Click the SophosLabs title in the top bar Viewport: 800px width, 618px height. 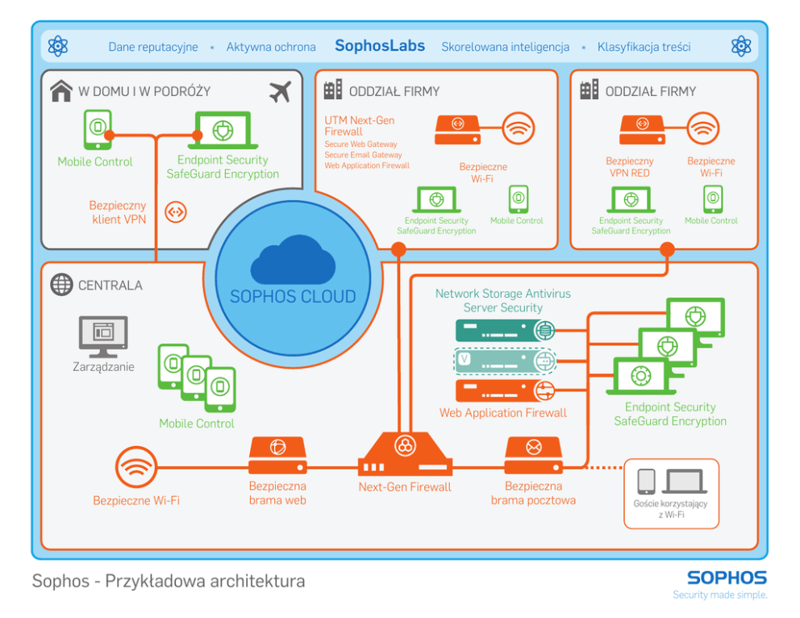click(x=379, y=46)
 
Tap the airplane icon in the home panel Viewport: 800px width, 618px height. click(x=279, y=91)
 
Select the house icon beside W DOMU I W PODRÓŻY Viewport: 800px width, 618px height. click(x=61, y=91)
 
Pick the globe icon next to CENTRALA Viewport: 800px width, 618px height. click(x=61, y=285)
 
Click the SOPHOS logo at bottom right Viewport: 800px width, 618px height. click(x=726, y=578)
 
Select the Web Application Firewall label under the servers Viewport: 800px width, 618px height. click(x=502, y=413)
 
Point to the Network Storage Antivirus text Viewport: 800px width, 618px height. click(x=502, y=294)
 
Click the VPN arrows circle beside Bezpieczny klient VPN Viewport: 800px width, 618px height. click(x=175, y=212)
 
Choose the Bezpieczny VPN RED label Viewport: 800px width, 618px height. click(x=630, y=167)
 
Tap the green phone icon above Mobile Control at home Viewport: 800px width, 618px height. click(x=97, y=130)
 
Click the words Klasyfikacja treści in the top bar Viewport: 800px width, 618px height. click(x=644, y=47)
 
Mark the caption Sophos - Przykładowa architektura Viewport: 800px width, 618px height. click(x=169, y=581)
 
